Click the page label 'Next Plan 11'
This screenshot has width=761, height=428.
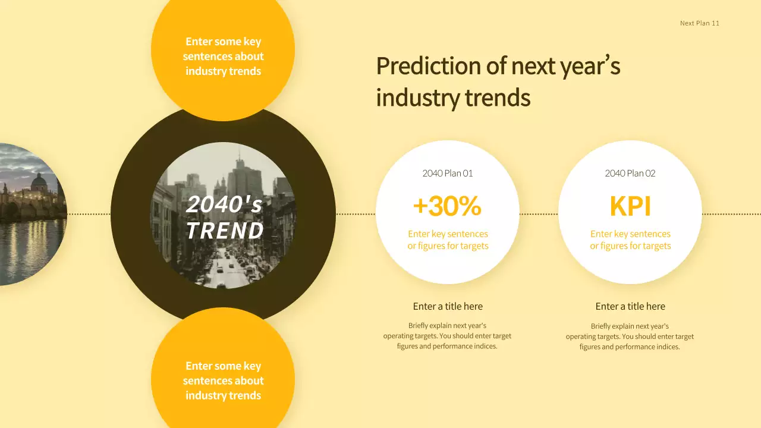click(699, 23)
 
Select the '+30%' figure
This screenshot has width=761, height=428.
click(447, 206)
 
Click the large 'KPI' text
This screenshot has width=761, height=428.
click(630, 206)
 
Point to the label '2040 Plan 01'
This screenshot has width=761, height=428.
click(447, 174)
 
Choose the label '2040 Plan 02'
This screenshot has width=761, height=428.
click(630, 174)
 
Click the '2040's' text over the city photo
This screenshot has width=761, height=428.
click(224, 205)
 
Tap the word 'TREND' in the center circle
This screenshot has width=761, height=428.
click(224, 231)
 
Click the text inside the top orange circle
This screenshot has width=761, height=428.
click(223, 56)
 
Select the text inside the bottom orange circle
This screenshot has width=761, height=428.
click(223, 381)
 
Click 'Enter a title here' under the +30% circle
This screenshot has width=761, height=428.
click(447, 307)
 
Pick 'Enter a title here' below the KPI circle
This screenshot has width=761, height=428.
click(630, 307)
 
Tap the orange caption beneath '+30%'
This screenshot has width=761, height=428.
click(447, 240)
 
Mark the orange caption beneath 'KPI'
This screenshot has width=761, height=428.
click(630, 240)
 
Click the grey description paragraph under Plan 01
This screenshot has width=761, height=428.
click(447, 336)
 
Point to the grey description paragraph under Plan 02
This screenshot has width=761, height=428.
click(630, 336)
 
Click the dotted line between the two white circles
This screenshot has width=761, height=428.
click(539, 214)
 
